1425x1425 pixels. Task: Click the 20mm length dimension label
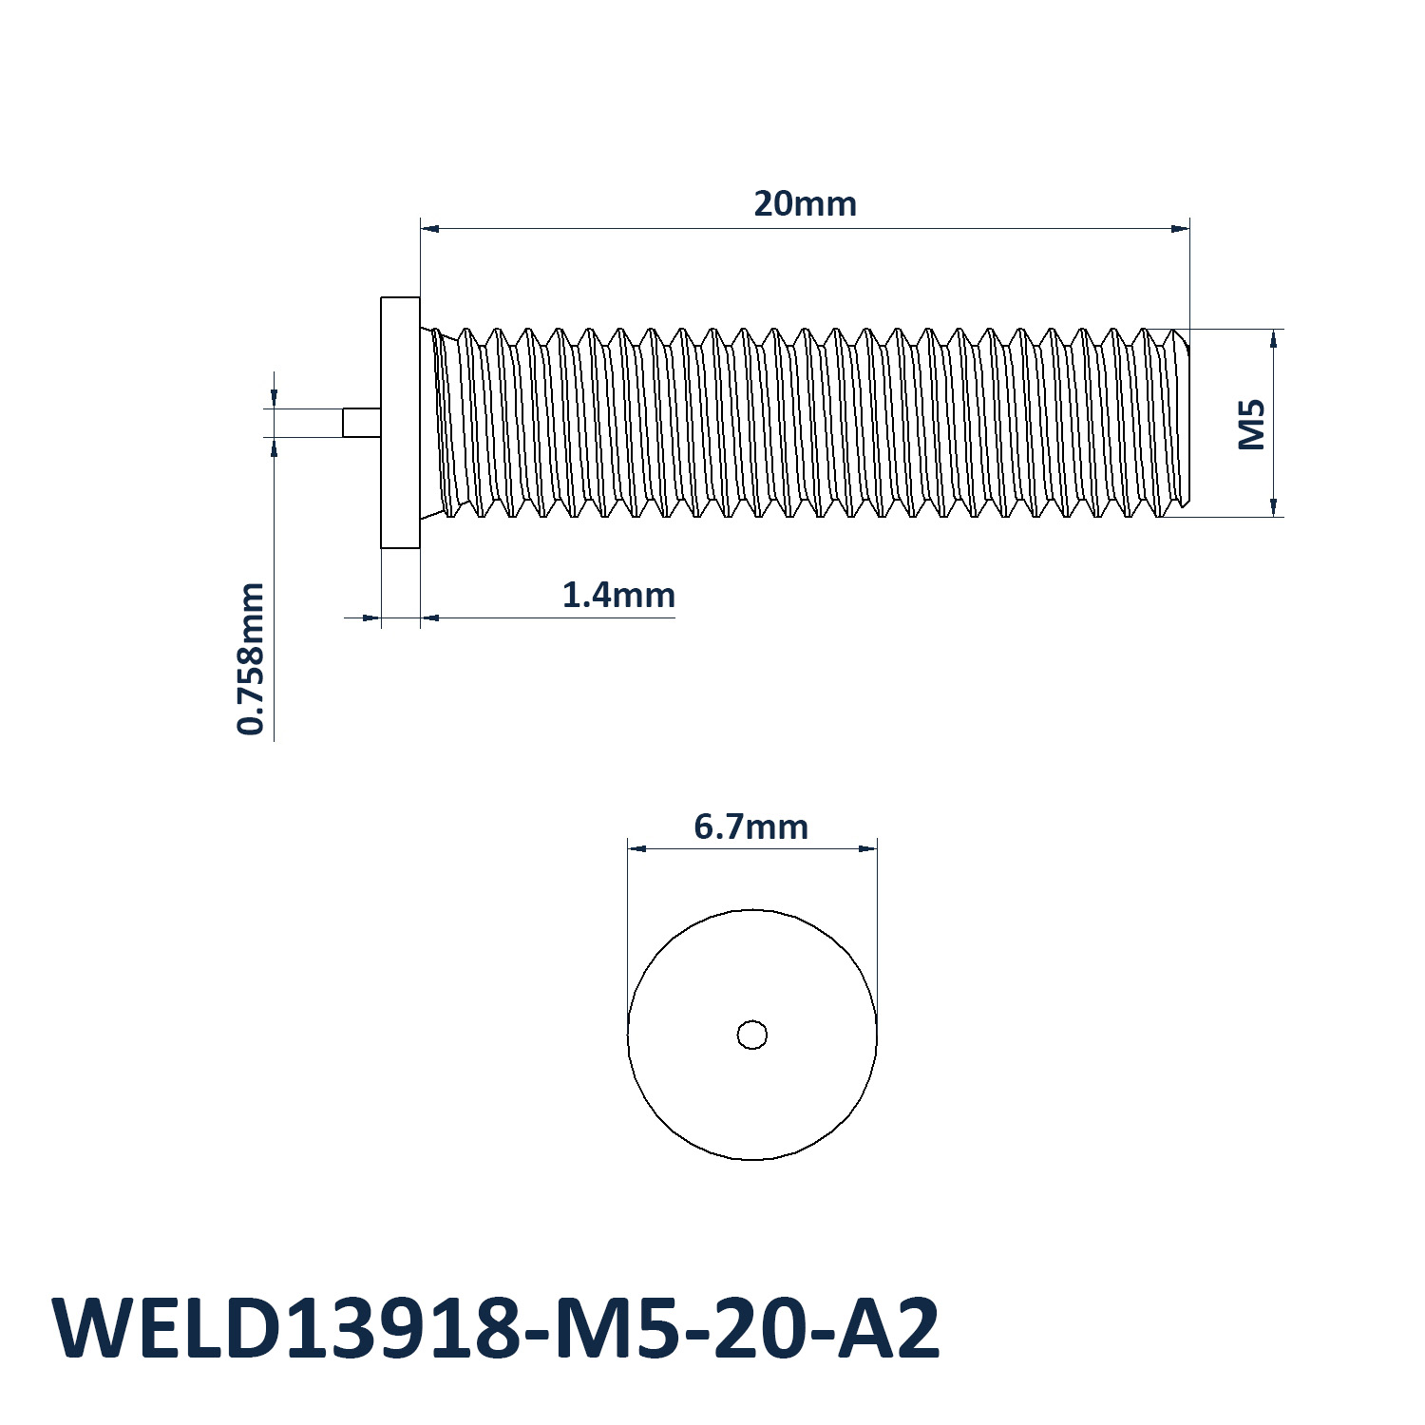coord(805,203)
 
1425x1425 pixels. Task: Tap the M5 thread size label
coord(1252,424)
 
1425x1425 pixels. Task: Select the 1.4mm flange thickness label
coord(618,595)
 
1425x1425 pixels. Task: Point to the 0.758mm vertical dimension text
coord(251,658)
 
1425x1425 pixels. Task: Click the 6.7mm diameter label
coord(750,826)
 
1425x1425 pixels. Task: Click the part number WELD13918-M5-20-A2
coord(496,1328)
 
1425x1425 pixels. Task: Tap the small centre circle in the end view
coord(752,1035)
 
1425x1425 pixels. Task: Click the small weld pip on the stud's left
coord(362,423)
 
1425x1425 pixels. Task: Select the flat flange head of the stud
coord(400,423)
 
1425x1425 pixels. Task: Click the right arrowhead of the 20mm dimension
coord(1181,228)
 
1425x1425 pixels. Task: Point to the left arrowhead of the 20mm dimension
coord(429,228)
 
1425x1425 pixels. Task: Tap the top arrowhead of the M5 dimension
coord(1273,338)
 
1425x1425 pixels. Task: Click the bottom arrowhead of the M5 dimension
coord(1273,507)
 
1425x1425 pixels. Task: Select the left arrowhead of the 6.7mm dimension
coord(636,848)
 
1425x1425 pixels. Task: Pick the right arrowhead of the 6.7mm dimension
coord(867,848)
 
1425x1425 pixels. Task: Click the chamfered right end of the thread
coord(1184,423)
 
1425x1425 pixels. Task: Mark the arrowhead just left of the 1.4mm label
coord(429,617)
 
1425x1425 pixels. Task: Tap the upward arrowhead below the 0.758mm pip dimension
coord(275,446)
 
